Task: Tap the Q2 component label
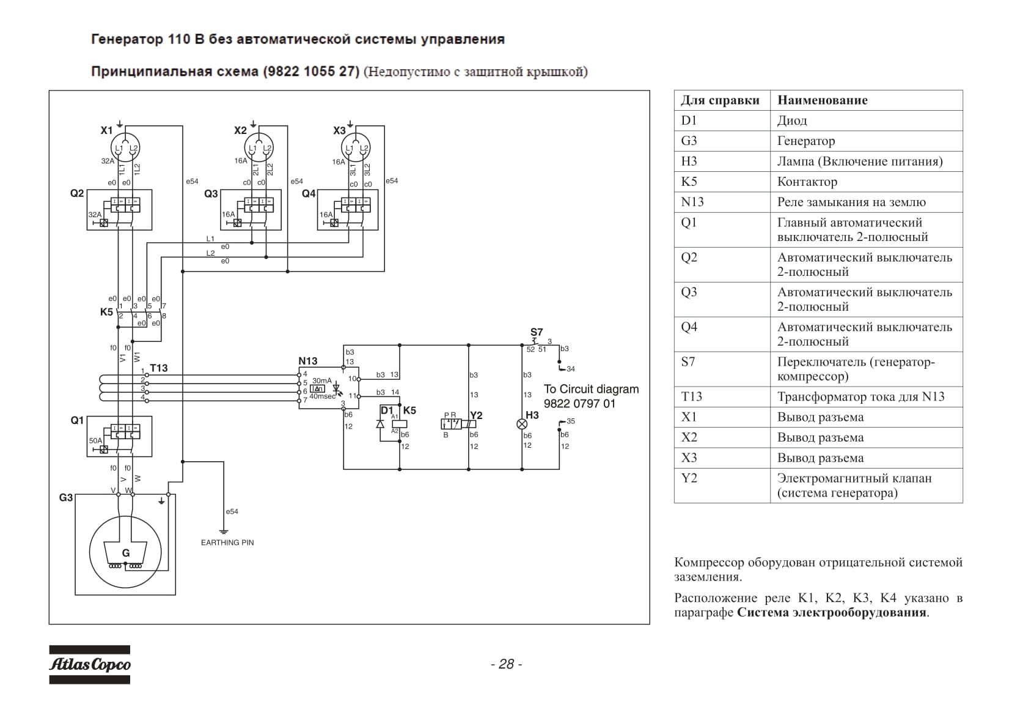click(77, 194)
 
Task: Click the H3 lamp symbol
click(522, 425)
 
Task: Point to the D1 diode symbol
click(380, 424)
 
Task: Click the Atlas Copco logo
click(89, 664)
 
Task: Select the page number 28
click(507, 664)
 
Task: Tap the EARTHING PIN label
click(227, 543)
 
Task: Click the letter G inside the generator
click(126, 553)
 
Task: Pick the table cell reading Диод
click(792, 121)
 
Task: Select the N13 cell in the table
click(692, 202)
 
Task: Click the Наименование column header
click(823, 100)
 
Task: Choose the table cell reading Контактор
click(807, 182)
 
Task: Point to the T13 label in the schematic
click(158, 368)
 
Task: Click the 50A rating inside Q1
click(95, 440)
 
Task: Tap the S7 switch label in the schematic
click(537, 333)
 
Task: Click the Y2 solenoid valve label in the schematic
click(476, 415)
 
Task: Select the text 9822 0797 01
click(579, 404)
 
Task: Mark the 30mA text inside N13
click(322, 381)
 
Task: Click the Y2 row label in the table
click(689, 478)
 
